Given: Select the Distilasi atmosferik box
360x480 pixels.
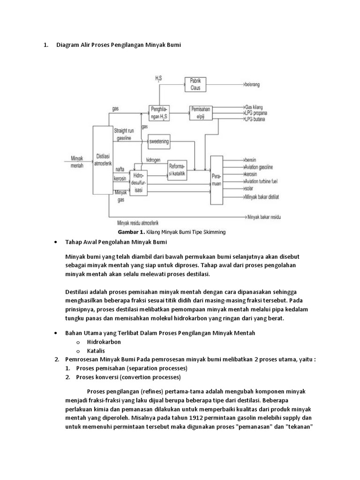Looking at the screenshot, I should coord(103,160).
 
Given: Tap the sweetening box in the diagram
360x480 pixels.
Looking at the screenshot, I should coord(158,141).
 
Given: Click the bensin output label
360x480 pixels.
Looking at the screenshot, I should coord(252,160).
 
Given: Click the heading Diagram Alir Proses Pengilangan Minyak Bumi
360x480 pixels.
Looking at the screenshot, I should coord(118,45).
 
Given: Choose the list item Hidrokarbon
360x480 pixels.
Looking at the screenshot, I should coord(104,342).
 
